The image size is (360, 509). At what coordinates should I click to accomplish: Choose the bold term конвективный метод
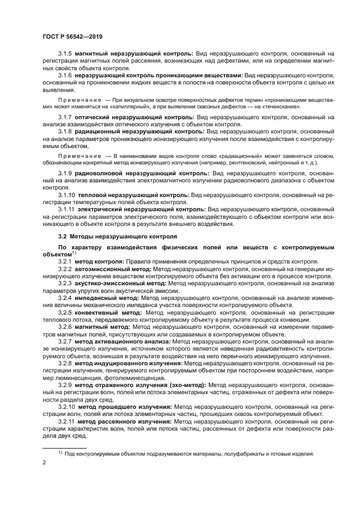111,313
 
